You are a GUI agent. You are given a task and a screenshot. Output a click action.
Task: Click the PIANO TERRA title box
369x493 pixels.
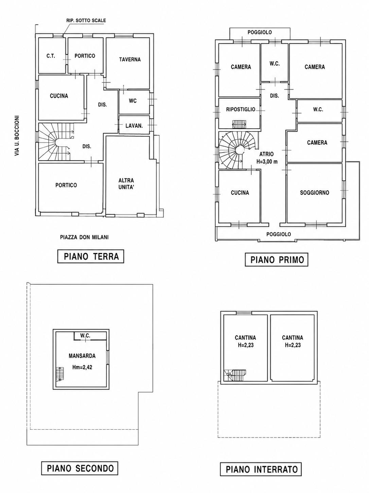tap(91, 256)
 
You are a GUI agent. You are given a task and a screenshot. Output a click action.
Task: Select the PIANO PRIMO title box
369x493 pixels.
tap(277, 260)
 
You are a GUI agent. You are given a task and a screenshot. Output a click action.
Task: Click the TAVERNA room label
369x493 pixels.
tap(130, 60)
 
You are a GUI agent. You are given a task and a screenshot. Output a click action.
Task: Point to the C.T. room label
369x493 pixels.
tap(51, 56)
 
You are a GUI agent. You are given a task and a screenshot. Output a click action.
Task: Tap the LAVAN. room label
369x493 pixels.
tap(134, 126)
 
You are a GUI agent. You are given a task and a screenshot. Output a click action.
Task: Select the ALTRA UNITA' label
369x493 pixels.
tap(126, 184)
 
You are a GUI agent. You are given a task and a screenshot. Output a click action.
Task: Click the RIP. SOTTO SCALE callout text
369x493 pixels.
tap(86, 20)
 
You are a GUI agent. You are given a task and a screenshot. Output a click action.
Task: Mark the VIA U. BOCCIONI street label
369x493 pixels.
tap(17, 136)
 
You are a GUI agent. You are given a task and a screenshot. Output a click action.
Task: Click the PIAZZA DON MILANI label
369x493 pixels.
tap(84, 237)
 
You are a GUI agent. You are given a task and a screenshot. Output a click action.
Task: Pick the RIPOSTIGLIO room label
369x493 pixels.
tap(241, 109)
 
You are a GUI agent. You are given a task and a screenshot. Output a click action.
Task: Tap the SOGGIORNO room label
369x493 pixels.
tap(315, 192)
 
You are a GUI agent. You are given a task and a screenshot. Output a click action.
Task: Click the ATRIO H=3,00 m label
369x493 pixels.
tap(267, 158)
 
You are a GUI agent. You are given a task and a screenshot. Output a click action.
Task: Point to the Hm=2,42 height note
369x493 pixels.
tap(82, 367)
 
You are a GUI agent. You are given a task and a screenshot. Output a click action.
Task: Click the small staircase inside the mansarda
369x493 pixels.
tap(59, 374)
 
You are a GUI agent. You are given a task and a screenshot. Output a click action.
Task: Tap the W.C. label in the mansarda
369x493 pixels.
tap(85, 336)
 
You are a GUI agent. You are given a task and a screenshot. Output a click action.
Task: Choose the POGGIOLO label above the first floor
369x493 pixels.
tap(260, 32)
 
